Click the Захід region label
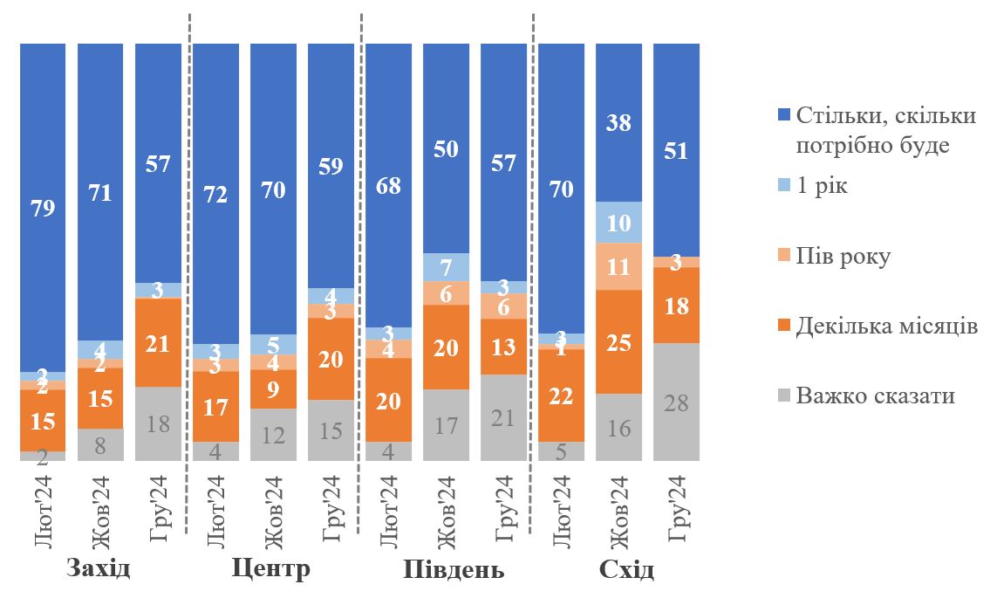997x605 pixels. coord(99,570)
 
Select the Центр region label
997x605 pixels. coord(271,570)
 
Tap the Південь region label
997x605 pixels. coord(454,570)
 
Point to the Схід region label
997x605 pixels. coord(626,570)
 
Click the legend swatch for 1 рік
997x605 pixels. coord(782,186)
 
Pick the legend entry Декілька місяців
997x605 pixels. coord(886,327)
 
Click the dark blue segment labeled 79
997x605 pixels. coord(43,208)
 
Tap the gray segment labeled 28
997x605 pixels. coord(676,402)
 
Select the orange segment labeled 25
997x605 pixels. coord(618,341)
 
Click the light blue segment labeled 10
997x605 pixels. coord(618,223)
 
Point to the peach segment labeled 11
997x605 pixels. coord(618,266)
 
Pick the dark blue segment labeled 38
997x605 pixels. coord(618,122)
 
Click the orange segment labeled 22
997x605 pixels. coord(561,395)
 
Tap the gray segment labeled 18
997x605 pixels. coord(158,423)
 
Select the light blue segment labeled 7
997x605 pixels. coord(446,267)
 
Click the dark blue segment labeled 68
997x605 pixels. coord(388,185)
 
